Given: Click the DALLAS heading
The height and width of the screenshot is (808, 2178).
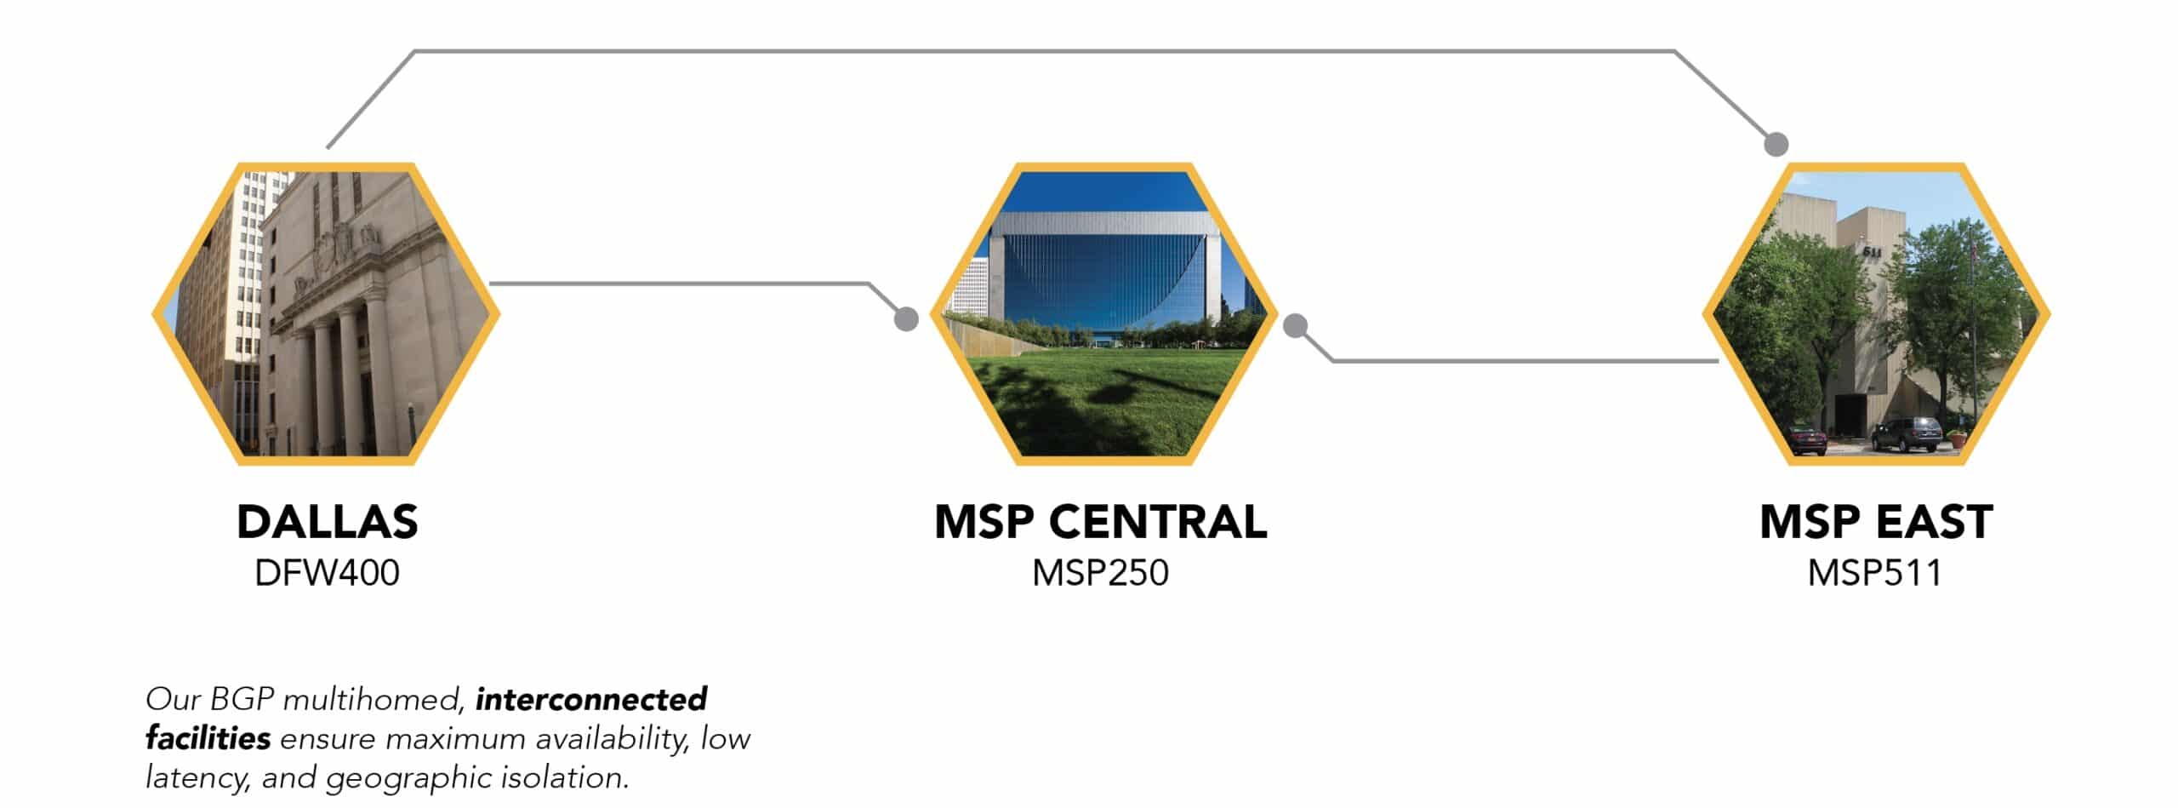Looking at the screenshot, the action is click(x=328, y=522).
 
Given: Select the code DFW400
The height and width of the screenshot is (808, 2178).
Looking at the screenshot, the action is click(x=328, y=573).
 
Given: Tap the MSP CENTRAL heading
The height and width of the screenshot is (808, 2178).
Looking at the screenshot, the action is click(x=1101, y=522).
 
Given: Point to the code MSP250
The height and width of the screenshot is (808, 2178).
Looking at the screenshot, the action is click(x=1101, y=573).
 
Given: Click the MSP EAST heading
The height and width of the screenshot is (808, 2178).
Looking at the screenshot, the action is click(x=1876, y=522).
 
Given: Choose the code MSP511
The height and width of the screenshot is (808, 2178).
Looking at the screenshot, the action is click(x=1875, y=573).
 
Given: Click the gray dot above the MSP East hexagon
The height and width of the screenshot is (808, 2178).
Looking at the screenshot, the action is click(x=1776, y=145).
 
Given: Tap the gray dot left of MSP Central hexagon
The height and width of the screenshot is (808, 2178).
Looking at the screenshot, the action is click(x=906, y=319).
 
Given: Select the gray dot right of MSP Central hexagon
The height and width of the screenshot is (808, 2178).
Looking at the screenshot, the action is click(x=1295, y=326).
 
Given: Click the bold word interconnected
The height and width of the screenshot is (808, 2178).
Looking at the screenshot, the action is click(x=591, y=699).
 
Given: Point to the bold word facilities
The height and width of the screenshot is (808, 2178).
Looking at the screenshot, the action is click(x=208, y=737).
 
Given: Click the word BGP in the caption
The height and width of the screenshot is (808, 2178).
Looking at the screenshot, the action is click(x=242, y=699).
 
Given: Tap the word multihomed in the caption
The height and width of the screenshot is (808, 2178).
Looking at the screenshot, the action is click(x=373, y=700).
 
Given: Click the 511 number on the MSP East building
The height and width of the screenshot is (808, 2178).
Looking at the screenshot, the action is click(x=1872, y=252).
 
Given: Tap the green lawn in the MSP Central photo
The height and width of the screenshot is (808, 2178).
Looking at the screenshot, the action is click(x=1103, y=400).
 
